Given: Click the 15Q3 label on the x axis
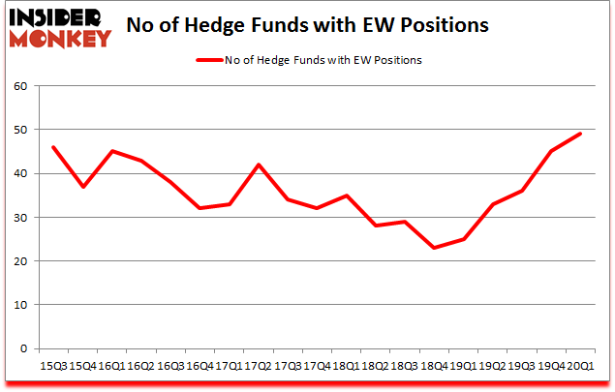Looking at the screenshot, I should pyautogui.click(x=53, y=366).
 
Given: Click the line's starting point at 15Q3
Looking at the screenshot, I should pyautogui.click(x=53, y=147).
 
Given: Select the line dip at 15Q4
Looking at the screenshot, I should pyautogui.click(x=82, y=187).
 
